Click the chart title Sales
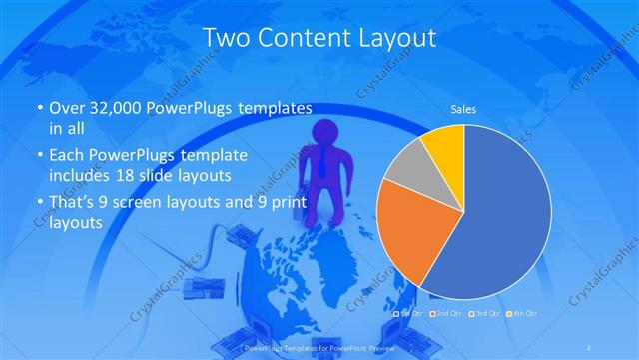463,108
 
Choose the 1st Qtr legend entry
411,314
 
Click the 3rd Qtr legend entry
482,314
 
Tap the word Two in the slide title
225,38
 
